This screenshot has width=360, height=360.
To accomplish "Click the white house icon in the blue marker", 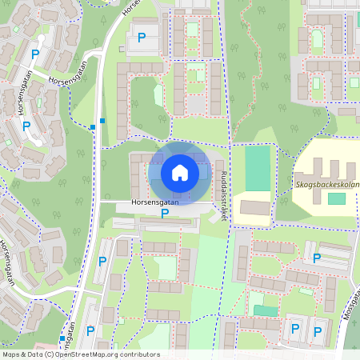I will pyautogui.click(x=179, y=172).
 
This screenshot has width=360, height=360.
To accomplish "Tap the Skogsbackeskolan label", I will pyautogui.click(x=327, y=183).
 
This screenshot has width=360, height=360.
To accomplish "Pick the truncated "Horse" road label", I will pyautogui.click(x=129, y=9).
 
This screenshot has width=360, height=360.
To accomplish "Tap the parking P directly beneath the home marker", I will pyautogui.click(x=165, y=213).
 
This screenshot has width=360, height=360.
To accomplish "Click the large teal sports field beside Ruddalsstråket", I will pyautogui.click(x=258, y=168).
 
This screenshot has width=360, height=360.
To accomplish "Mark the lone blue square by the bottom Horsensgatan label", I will pyautogui.click(x=62, y=338).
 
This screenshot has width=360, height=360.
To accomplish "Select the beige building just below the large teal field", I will pyautogui.click(x=255, y=207).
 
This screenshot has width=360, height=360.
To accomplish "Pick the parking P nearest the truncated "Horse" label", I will pyautogui.click(x=142, y=37).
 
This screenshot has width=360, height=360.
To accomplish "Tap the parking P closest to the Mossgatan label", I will pyautogui.click(x=318, y=329).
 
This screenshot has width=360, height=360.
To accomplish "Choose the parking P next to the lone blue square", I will pyautogui.click(x=90, y=330).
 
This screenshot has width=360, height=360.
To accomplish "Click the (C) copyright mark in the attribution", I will pyautogui.click(x=50, y=354).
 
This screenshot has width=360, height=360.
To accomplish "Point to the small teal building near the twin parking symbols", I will pyautogui.click(x=263, y=310).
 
